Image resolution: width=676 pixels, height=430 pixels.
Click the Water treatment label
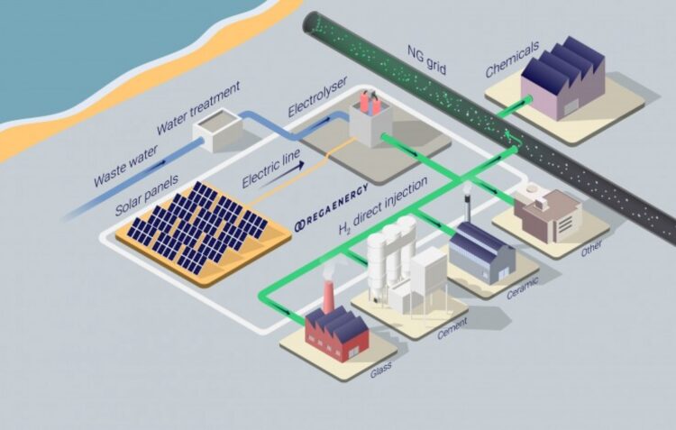[x=198, y=108]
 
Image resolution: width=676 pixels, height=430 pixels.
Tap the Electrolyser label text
[x=318, y=97]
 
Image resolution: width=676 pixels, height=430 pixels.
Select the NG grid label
[x=427, y=59]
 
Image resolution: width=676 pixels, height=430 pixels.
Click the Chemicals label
[x=512, y=59]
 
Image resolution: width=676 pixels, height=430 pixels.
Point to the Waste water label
[x=126, y=165]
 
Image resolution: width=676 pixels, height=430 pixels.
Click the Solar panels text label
[x=147, y=196]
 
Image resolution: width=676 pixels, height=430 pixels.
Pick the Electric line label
[x=270, y=169]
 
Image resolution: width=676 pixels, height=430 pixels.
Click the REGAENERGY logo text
[x=332, y=207]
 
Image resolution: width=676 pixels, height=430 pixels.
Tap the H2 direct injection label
[x=383, y=206]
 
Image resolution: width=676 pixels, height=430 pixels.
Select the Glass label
[x=380, y=370]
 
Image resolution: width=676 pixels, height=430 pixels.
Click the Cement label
[x=452, y=328]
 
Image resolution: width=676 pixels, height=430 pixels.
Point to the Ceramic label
[x=523, y=288]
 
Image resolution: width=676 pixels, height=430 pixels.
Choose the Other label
[x=591, y=248]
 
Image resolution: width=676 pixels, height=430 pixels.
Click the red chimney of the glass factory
[x=328, y=297]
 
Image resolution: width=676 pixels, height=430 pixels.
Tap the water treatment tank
[x=218, y=130]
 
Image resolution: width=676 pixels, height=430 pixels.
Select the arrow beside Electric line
[x=280, y=174]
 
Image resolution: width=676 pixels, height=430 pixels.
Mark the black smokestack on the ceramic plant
[x=467, y=209]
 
